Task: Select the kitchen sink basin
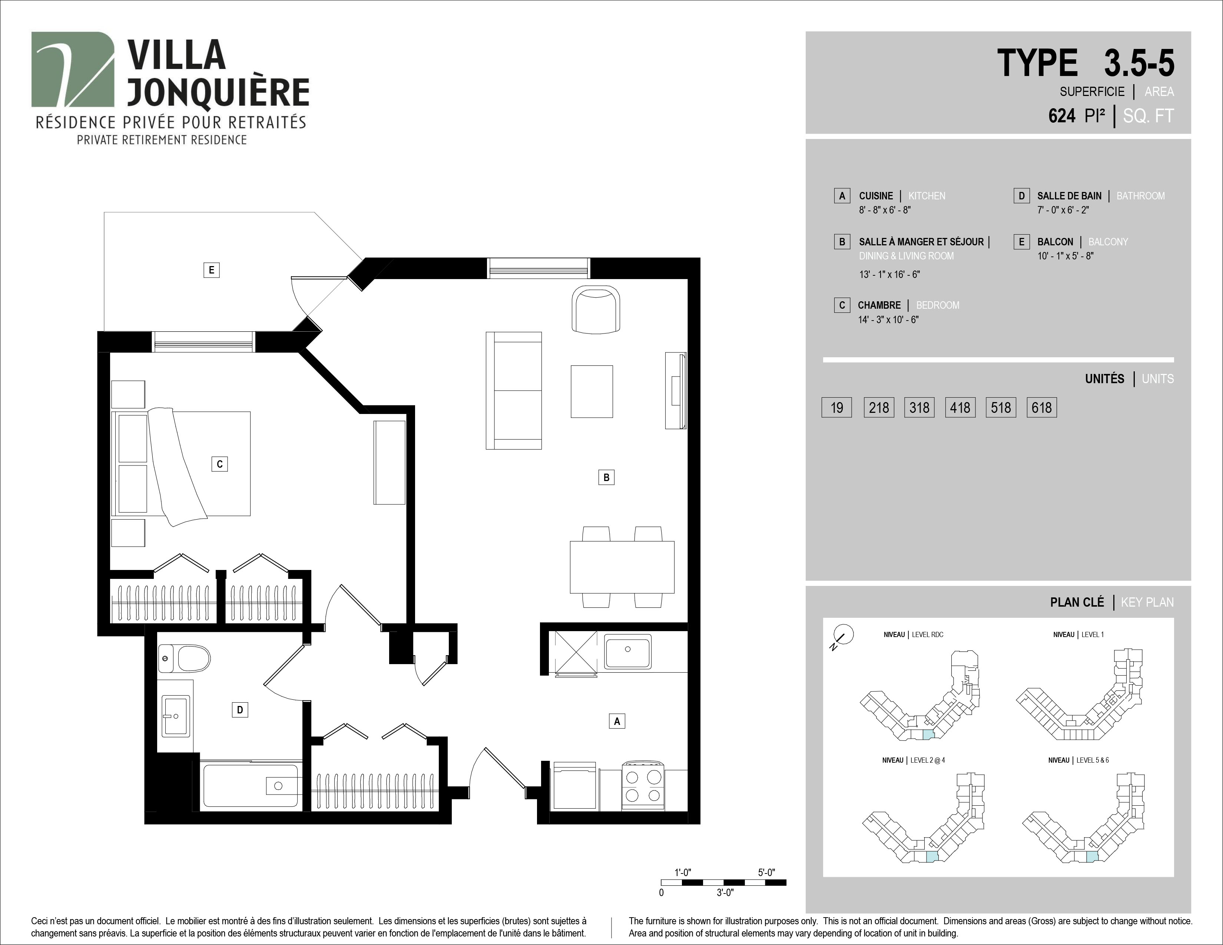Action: click(x=628, y=650)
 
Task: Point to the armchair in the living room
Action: click(x=596, y=309)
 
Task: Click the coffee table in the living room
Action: click(x=592, y=391)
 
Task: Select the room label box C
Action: click(x=219, y=464)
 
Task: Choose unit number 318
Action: click(x=919, y=408)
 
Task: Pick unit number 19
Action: click(x=836, y=408)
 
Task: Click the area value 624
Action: click(x=1062, y=116)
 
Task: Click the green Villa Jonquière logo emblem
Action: click(x=73, y=69)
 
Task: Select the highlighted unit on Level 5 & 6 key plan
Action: click(x=1092, y=856)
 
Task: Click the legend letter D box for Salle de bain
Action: click(x=1021, y=196)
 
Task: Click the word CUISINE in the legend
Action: click(x=876, y=196)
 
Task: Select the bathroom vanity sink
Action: click(x=175, y=716)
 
